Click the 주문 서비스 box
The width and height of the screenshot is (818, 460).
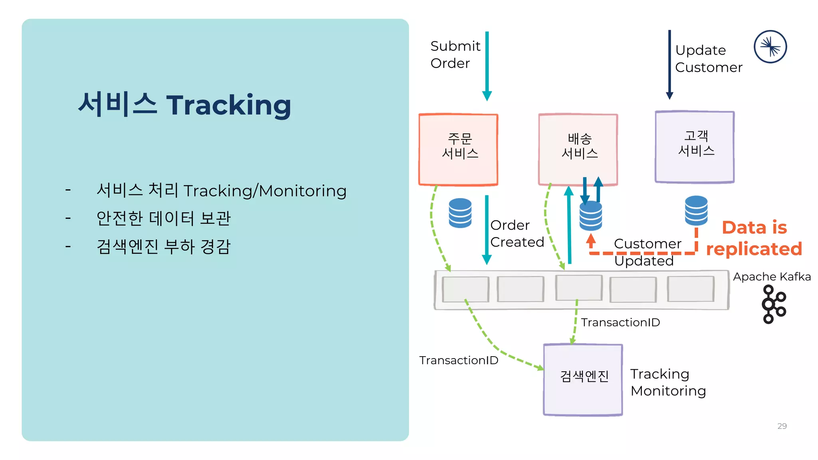(x=458, y=150)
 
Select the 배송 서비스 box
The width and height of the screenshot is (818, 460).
(x=578, y=150)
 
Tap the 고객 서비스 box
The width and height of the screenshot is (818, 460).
(x=695, y=147)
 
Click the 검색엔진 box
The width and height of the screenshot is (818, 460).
(x=583, y=380)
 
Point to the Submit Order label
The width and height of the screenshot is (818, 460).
(x=455, y=55)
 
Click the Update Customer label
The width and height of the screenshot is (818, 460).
(x=708, y=59)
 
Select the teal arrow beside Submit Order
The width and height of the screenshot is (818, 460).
(x=487, y=66)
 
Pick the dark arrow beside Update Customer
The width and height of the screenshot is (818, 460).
(x=670, y=64)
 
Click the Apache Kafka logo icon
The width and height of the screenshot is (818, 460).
(x=774, y=304)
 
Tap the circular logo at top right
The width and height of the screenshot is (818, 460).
(x=770, y=47)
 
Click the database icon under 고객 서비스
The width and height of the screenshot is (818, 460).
(x=696, y=210)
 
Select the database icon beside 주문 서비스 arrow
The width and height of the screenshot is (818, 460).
(x=460, y=213)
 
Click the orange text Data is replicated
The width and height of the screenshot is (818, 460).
(x=754, y=238)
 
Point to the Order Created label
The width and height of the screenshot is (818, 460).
(x=517, y=234)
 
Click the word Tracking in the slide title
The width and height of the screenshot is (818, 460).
(x=228, y=105)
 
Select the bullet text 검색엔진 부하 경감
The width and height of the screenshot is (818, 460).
(x=163, y=246)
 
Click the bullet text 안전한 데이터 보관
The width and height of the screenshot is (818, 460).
(x=163, y=218)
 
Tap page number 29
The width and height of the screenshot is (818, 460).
(x=782, y=426)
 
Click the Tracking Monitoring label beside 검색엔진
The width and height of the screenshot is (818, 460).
(x=668, y=382)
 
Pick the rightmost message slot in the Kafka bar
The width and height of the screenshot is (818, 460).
(x=691, y=289)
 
